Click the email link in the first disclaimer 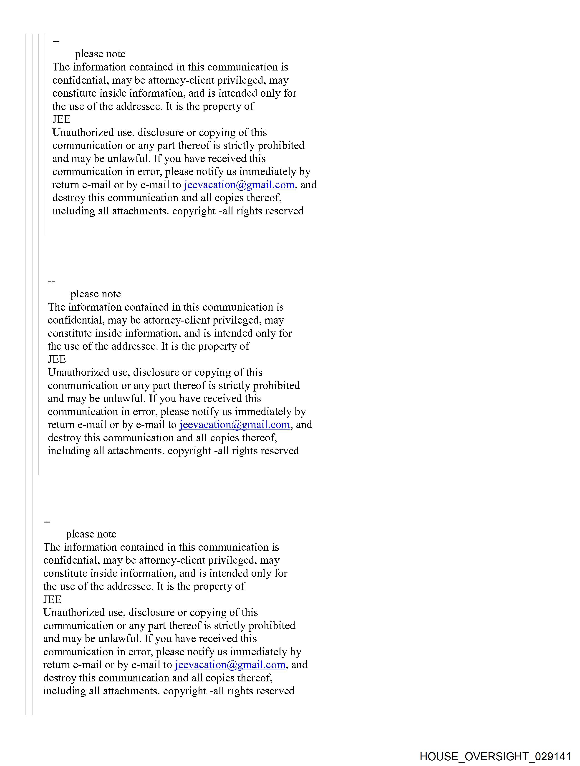click(x=239, y=185)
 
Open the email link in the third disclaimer click(x=230, y=665)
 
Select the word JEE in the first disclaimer click(x=61, y=119)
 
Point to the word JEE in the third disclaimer click(x=52, y=599)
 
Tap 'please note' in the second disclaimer click(x=96, y=294)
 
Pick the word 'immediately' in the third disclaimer click(x=259, y=652)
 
